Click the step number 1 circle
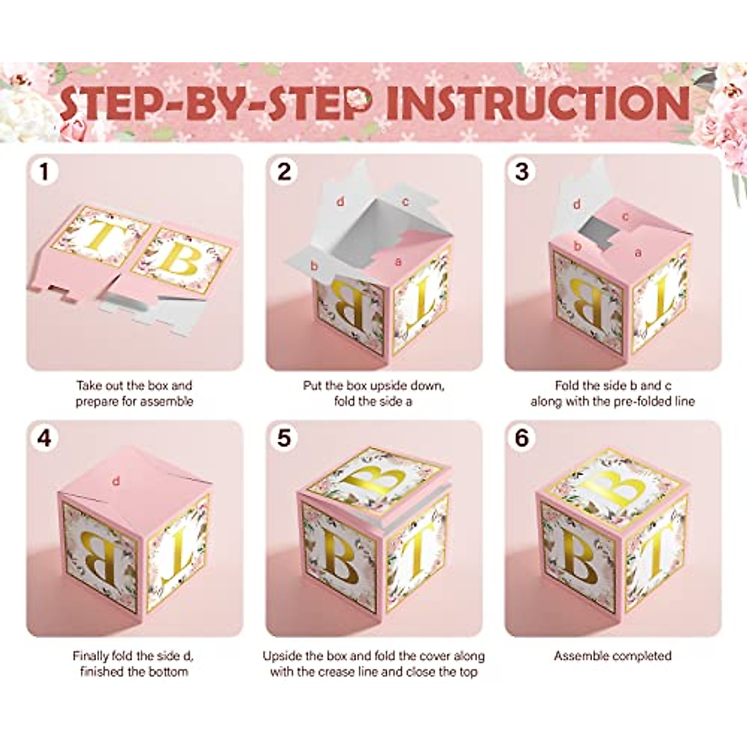pyautogui.click(x=44, y=172)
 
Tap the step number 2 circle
pyautogui.click(x=284, y=172)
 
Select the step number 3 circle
pyautogui.click(x=522, y=172)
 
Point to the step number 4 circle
pyautogui.click(x=44, y=438)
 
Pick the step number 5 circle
pyautogui.click(x=284, y=438)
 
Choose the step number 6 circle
pyautogui.click(x=522, y=438)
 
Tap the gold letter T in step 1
pyautogui.click(x=100, y=237)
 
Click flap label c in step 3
pyautogui.click(x=626, y=217)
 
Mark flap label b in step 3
pyautogui.click(x=578, y=247)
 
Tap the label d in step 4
pyautogui.click(x=116, y=481)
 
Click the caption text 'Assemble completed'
pyautogui.click(x=613, y=655)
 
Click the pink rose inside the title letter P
pyautogui.click(x=360, y=98)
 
